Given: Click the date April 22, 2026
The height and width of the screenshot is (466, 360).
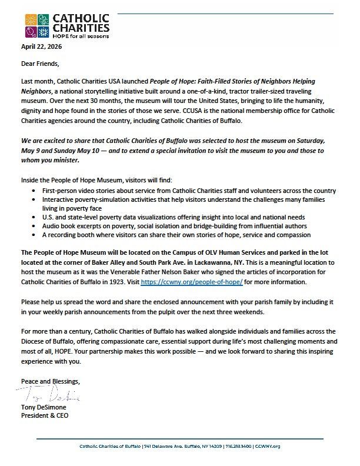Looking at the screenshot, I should [x=41, y=46].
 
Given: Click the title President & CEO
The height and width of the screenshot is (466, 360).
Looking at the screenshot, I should [x=45, y=415].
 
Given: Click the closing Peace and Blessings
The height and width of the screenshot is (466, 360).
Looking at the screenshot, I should [x=49, y=381].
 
